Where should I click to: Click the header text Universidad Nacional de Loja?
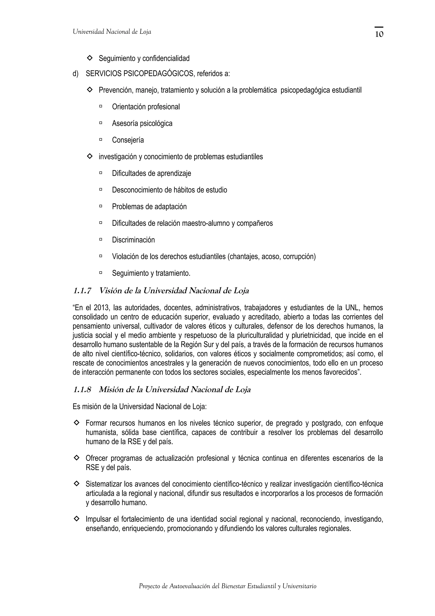112,32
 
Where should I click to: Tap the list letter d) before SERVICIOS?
75,74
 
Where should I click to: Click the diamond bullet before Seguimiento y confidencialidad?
90,57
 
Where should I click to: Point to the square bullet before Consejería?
101,139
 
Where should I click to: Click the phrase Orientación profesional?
146,107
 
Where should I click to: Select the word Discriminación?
133,240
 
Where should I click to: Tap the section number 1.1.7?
82,291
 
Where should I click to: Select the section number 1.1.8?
82,390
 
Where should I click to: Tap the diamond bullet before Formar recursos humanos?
76,423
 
